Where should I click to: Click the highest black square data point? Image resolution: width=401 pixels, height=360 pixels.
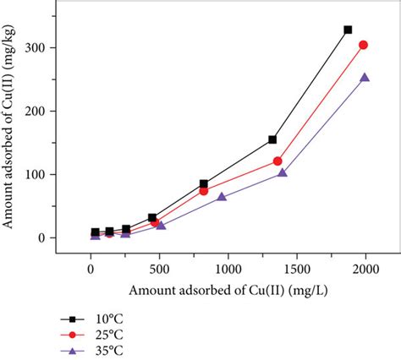point(348,30)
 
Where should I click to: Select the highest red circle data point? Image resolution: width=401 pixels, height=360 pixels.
point(363,45)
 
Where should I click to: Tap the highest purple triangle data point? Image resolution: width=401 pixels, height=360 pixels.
point(365,77)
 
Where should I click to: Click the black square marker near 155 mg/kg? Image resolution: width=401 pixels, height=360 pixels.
point(272,139)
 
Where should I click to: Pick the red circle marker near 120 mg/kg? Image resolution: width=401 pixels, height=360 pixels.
point(277,161)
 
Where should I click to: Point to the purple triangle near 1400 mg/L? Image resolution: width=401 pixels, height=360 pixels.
point(283,172)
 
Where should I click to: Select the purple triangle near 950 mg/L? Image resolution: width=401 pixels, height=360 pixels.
point(222,197)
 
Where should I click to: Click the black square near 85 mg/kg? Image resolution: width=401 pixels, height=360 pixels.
point(204,183)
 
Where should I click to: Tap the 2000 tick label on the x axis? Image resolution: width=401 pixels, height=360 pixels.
point(364,270)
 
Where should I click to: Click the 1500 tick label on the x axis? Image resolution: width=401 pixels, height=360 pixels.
point(295,270)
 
